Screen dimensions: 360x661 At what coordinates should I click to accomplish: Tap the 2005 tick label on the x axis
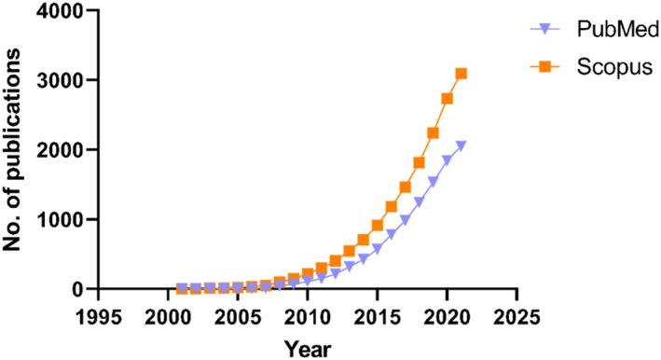pyautogui.click(x=238, y=316)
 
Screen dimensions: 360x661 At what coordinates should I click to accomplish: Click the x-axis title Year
pyautogui.click(x=307, y=348)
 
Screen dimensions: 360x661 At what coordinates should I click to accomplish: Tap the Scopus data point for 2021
pyautogui.click(x=461, y=74)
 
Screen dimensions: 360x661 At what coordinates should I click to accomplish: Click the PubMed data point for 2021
pyautogui.click(x=461, y=145)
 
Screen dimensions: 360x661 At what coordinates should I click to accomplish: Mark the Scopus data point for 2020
pyautogui.click(x=448, y=99)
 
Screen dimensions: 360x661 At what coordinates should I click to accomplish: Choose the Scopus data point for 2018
pyautogui.click(x=420, y=162)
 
